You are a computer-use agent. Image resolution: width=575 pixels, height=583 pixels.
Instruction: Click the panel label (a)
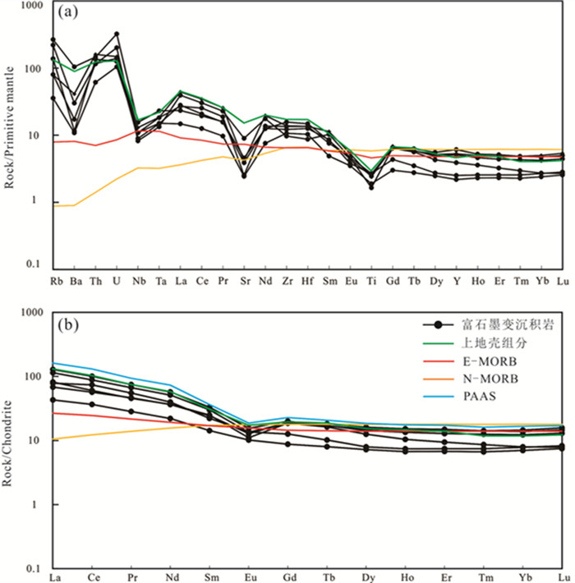click(x=67, y=15)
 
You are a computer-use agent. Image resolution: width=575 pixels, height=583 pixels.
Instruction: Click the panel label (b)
click(x=67, y=322)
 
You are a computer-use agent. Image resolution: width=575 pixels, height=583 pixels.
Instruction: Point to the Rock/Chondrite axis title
click(x=11, y=443)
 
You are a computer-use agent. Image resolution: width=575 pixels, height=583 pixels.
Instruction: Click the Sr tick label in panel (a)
click(x=243, y=279)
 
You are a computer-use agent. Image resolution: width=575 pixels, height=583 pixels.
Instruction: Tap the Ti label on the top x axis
click(x=370, y=279)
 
